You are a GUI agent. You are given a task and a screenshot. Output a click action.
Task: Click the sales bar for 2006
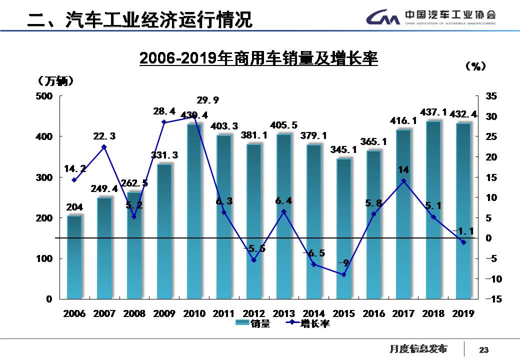74,257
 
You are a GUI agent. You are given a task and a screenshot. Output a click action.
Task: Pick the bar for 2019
463,210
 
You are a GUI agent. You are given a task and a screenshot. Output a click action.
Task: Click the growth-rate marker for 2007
104,147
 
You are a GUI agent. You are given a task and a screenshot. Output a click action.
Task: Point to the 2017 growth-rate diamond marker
403,181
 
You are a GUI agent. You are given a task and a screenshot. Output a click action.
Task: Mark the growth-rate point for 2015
343,274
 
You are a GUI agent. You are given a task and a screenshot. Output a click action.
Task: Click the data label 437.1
434,114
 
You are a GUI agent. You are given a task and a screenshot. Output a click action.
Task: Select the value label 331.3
164,156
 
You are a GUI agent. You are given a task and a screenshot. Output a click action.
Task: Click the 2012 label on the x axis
253,313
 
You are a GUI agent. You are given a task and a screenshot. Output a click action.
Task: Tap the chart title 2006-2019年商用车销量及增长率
258,59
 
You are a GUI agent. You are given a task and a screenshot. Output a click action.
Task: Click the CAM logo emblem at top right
383,18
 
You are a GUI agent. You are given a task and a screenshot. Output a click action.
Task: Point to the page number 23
483,349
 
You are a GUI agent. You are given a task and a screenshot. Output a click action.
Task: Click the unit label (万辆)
55,80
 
